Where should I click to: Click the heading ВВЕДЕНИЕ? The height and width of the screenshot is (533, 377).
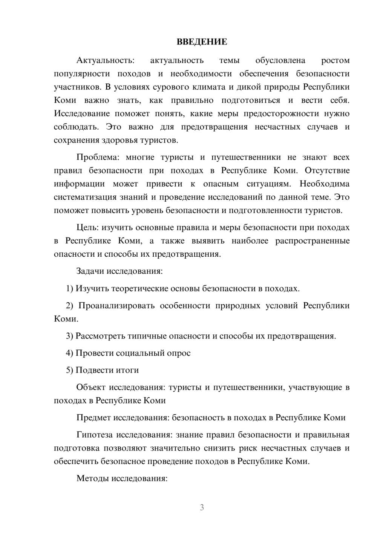[202, 42]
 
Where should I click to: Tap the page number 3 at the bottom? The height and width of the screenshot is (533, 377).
[202, 507]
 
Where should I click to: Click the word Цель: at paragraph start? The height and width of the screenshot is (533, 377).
[87, 227]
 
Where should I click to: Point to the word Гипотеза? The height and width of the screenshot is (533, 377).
[94, 435]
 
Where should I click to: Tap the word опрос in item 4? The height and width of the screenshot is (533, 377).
[178, 353]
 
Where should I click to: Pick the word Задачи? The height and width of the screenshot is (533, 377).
[90, 271]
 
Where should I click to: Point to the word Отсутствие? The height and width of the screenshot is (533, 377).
[327, 170]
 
